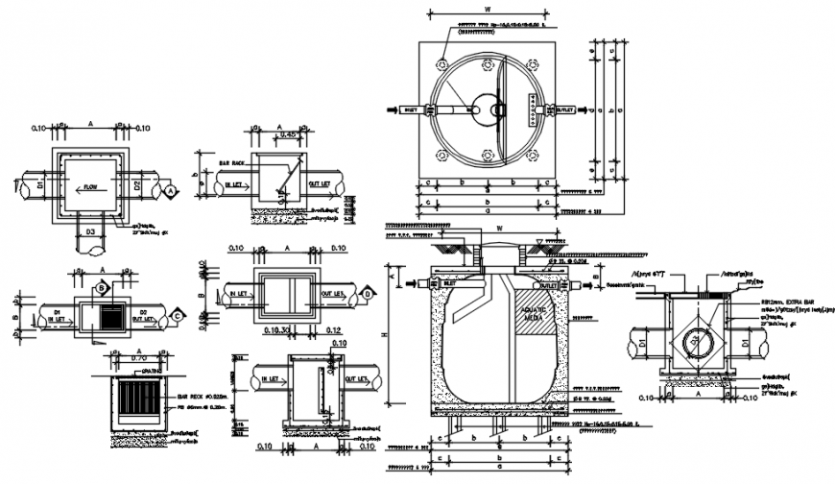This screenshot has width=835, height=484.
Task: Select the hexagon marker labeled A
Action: (x=171, y=193)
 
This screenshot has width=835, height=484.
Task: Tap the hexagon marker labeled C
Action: (x=177, y=313)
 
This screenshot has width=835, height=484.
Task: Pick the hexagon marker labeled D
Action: (x=369, y=293)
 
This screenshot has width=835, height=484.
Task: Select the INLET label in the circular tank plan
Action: (x=408, y=110)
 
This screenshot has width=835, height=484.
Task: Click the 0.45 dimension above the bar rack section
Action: (x=287, y=135)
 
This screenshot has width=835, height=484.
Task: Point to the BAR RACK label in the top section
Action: (x=233, y=163)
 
